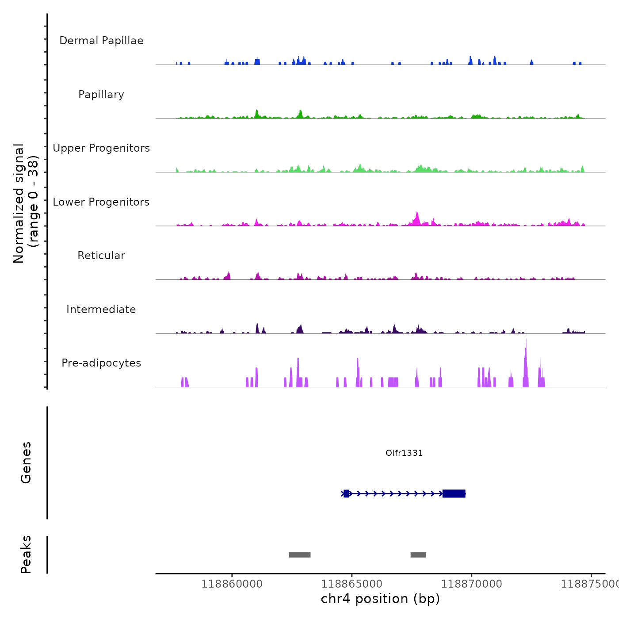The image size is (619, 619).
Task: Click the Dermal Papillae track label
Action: coord(101,41)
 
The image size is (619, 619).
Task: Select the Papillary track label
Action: coord(101,95)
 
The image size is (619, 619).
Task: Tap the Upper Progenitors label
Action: coord(101,148)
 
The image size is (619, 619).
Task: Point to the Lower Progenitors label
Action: coord(101,202)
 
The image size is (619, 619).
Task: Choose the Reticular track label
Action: coord(101,256)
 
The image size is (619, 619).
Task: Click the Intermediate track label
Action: coord(101,309)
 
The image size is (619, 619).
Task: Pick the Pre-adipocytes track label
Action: coord(101,363)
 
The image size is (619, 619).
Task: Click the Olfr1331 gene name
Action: coord(404,453)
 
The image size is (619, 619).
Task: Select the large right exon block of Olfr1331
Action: coord(454,493)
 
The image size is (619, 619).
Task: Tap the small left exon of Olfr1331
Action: coord(346,493)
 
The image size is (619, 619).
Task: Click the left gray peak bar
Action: coord(300,555)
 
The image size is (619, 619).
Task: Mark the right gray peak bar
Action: coord(418,555)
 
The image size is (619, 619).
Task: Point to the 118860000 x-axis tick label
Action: coord(232,584)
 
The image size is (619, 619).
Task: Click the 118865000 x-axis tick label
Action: coord(352,584)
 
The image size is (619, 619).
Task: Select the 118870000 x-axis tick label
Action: coord(472,584)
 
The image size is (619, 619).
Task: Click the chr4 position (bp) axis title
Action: coord(380,599)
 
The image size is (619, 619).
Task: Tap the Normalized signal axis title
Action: coord(26,203)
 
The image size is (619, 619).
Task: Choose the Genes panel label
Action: coord(26,462)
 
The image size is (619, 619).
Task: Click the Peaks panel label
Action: coord(26,554)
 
